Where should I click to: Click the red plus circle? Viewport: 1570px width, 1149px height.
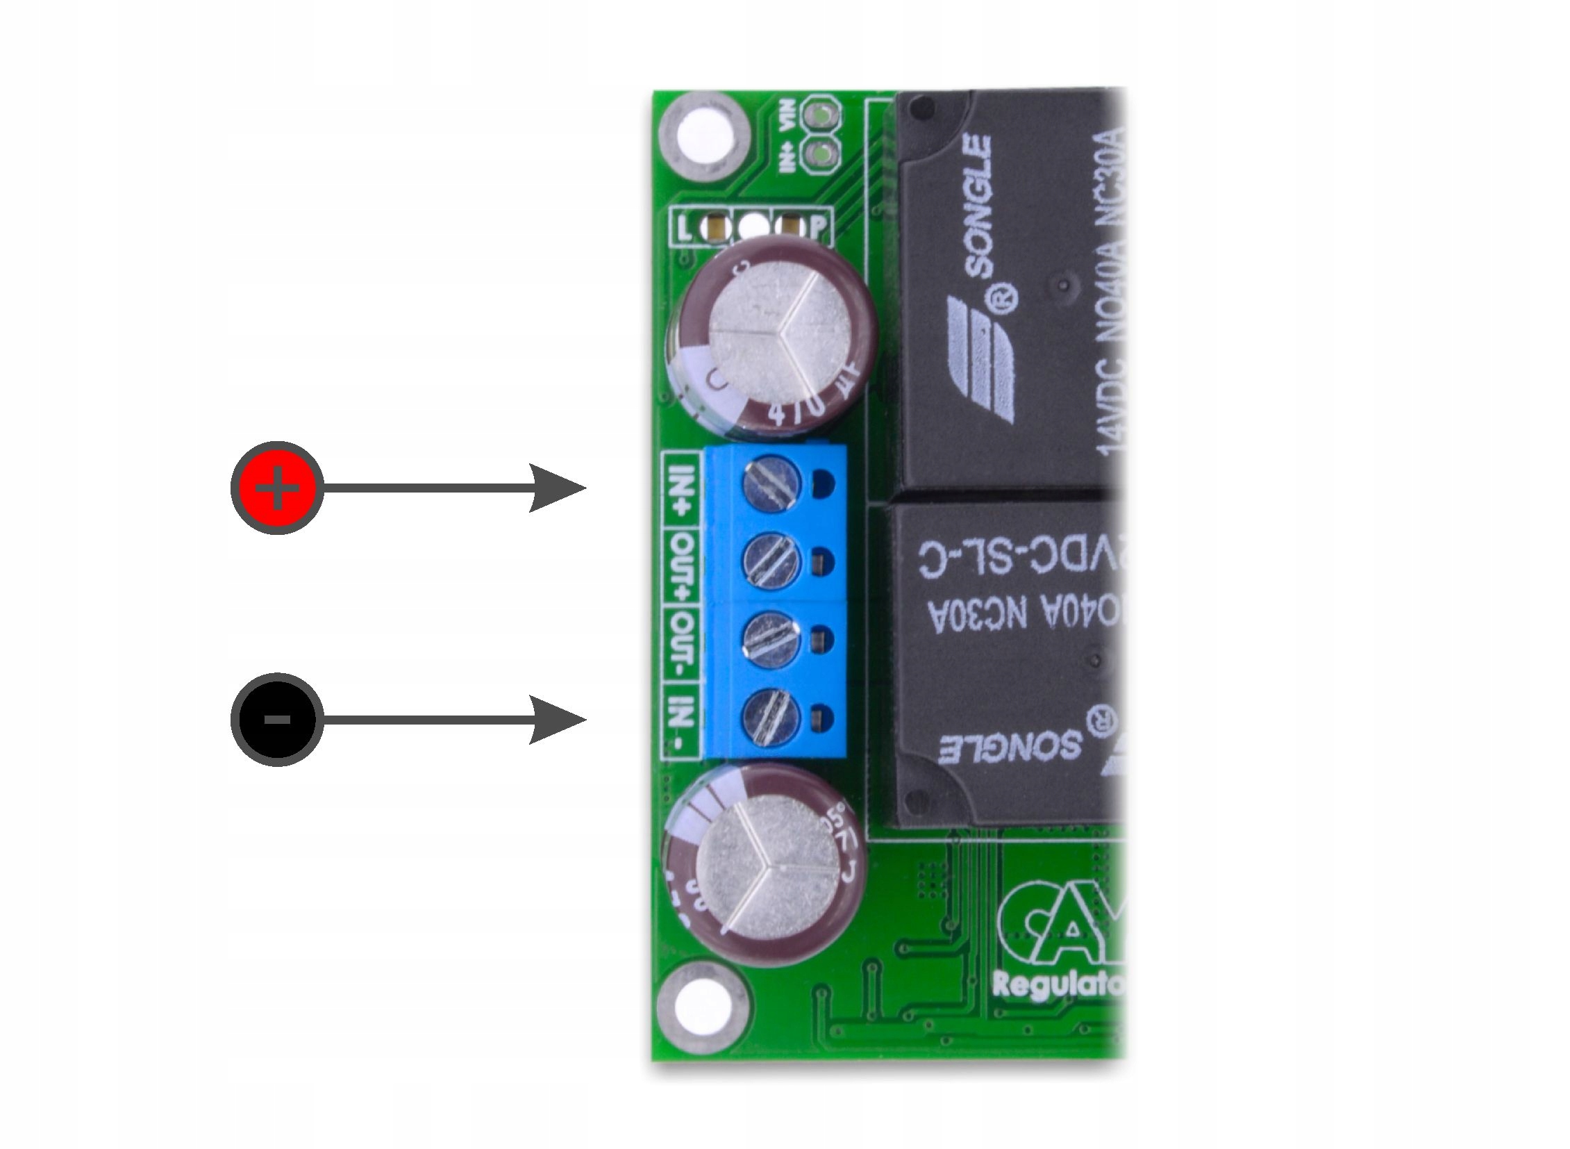click(277, 488)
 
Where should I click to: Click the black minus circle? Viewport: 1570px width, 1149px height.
click(277, 719)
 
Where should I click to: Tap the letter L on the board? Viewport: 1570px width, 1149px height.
click(685, 227)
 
